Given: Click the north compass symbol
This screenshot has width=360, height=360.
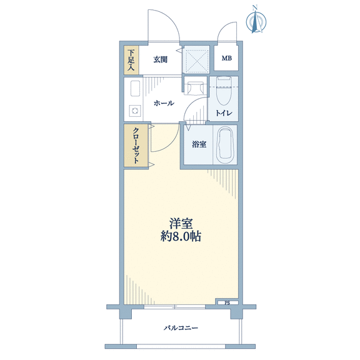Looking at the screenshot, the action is pyautogui.click(x=256, y=20).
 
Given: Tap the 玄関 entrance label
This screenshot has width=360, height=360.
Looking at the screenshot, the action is pyautogui.click(x=160, y=60).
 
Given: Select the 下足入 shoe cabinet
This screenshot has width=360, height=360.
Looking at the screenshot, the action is pyautogui.click(x=131, y=60).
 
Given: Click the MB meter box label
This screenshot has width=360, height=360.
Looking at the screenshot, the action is pyautogui.click(x=227, y=58).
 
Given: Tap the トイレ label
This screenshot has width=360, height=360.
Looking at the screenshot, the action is pyautogui.click(x=224, y=113).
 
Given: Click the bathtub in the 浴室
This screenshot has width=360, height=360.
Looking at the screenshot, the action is pyautogui.click(x=225, y=144).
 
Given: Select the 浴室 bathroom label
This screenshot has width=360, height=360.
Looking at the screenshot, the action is pyautogui.click(x=199, y=144).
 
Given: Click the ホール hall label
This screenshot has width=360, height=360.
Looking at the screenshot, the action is pyautogui.click(x=164, y=103).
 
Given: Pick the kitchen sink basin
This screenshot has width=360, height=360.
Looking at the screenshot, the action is pyautogui.click(x=135, y=89).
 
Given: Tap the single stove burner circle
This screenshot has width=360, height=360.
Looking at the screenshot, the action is pyautogui.click(x=135, y=111).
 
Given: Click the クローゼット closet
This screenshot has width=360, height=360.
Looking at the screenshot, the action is pyautogui.click(x=136, y=146).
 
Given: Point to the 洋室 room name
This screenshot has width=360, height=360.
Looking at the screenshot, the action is pyautogui.click(x=181, y=223).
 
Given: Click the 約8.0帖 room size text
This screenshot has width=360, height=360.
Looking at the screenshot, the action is pyautogui.click(x=181, y=236).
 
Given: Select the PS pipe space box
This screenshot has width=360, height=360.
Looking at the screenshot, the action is pyautogui.click(x=227, y=303).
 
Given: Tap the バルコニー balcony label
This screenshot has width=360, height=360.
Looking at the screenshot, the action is pyautogui.click(x=181, y=327).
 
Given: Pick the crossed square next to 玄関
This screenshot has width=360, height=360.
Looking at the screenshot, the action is pyautogui.click(x=196, y=59).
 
